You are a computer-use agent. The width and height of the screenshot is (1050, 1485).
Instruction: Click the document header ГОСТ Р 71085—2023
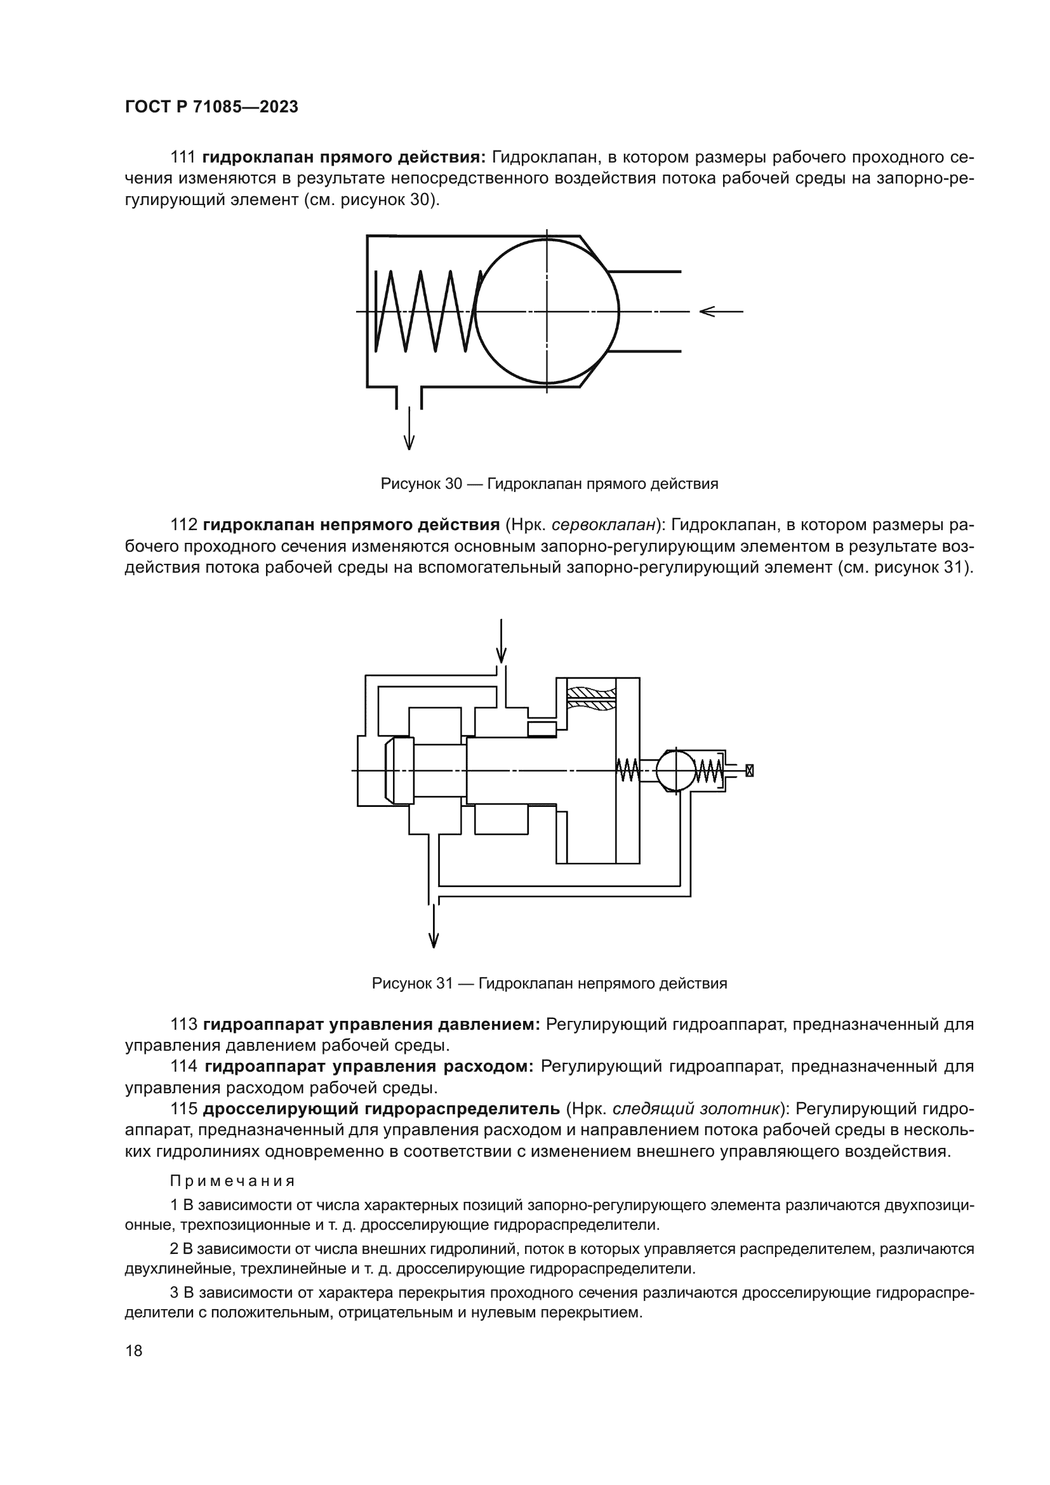point(211,107)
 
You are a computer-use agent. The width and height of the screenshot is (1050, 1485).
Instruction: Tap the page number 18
point(134,1350)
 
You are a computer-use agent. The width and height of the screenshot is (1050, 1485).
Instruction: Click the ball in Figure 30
point(547,312)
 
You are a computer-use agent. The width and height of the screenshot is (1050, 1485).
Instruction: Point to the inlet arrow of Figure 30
point(721,312)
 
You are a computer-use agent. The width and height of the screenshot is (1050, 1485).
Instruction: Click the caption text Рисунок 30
point(420,484)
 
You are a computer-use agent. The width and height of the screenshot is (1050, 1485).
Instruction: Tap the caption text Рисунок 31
point(412,983)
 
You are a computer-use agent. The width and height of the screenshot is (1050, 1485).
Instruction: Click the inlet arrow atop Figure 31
point(501,642)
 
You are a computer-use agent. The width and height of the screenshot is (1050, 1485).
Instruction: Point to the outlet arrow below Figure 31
point(434,927)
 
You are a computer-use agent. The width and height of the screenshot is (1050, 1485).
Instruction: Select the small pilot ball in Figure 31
point(675,770)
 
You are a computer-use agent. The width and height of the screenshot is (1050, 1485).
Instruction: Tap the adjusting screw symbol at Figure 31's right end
point(749,770)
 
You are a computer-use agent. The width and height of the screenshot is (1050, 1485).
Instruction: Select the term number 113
point(183,1025)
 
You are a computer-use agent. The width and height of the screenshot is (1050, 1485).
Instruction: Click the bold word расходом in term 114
point(489,1067)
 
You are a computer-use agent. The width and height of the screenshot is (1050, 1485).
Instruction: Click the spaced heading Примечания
point(232,1181)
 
